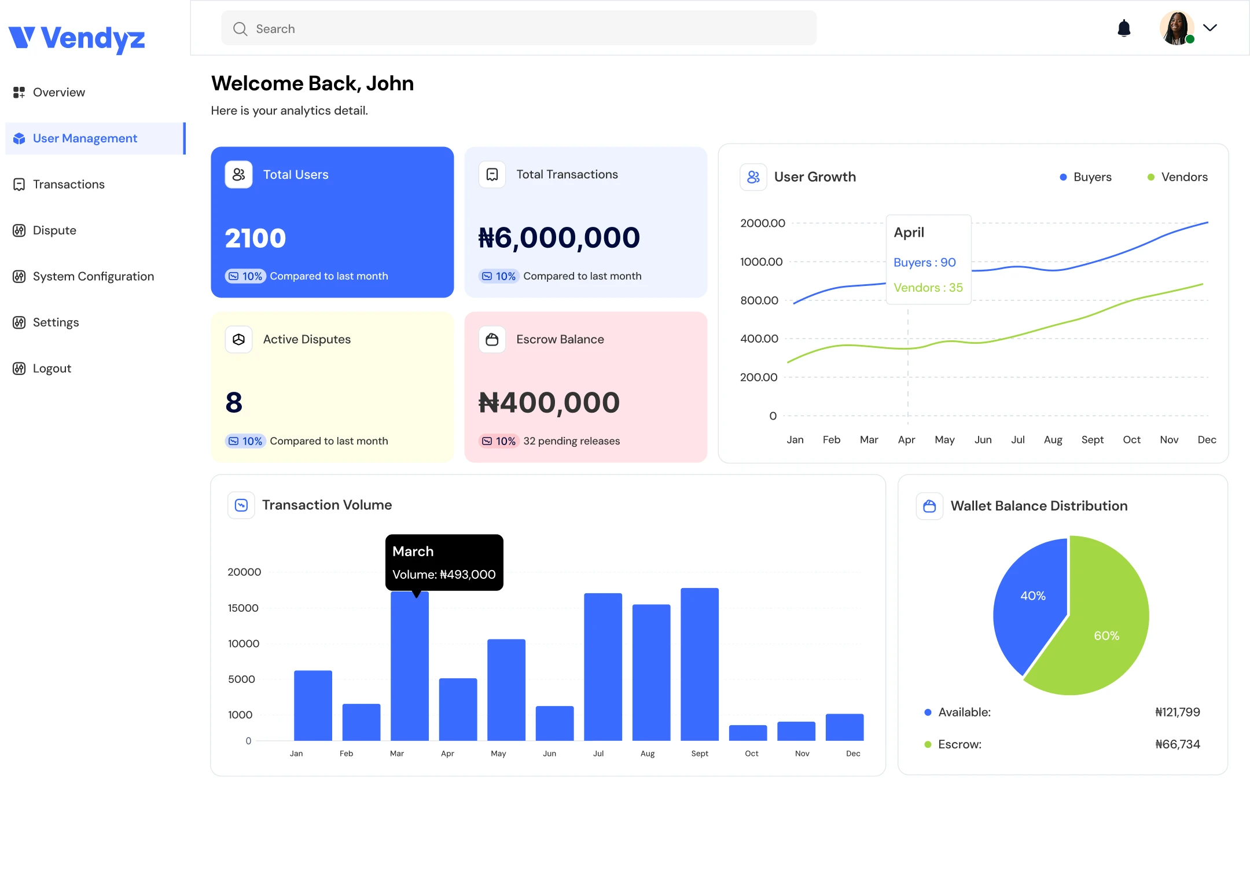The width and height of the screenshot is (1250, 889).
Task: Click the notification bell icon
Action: tap(1124, 28)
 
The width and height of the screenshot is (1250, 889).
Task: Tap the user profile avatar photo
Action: tap(1177, 28)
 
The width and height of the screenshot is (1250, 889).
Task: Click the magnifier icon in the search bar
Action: tap(240, 29)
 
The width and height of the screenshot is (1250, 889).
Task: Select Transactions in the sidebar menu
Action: tap(69, 184)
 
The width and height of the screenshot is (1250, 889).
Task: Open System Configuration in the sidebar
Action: tap(93, 276)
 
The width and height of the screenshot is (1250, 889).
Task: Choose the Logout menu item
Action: tap(52, 368)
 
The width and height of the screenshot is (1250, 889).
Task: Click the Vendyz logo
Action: tap(77, 39)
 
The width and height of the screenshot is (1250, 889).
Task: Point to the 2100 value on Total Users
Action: tap(255, 238)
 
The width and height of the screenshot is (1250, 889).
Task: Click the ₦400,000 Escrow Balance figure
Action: tap(549, 402)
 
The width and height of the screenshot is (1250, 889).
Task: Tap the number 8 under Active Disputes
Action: tap(234, 402)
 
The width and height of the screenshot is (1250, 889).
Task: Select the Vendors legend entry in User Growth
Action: tap(1178, 177)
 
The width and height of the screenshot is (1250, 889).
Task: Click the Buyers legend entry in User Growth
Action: tap(1086, 177)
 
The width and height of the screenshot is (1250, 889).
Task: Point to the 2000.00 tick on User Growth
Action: tap(763, 223)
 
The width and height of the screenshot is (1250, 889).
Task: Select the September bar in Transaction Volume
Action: tap(700, 664)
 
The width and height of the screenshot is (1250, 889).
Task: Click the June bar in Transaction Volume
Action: tap(554, 723)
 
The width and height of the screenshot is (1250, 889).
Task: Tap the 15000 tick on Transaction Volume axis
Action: tap(243, 608)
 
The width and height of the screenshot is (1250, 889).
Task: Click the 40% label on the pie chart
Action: tap(1032, 596)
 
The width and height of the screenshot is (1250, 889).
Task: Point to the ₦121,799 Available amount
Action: tap(1178, 712)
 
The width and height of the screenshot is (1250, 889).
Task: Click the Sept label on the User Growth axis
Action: tap(1093, 440)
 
